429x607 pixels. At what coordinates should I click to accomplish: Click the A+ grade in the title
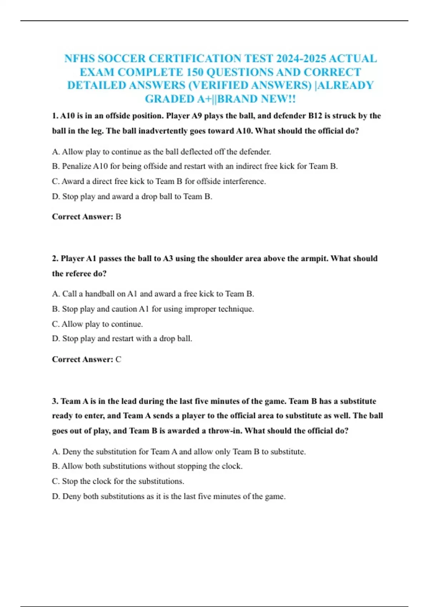tap(204, 99)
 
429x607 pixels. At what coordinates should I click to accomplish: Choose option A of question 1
tap(161, 152)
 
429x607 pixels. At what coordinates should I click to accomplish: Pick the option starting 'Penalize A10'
tap(195, 166)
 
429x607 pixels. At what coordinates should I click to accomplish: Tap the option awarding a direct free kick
tap(159, 181)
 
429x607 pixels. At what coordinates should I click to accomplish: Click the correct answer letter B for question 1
tap(119, 217)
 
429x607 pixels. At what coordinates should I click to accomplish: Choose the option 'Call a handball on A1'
tap(153, 294)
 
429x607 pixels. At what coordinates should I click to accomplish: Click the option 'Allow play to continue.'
tap(97, 324)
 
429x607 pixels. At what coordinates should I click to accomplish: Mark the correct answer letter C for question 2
tap(119, 360)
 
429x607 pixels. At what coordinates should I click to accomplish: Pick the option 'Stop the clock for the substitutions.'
tap(118, 481)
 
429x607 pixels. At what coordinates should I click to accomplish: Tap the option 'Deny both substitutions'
tap(169, 496)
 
